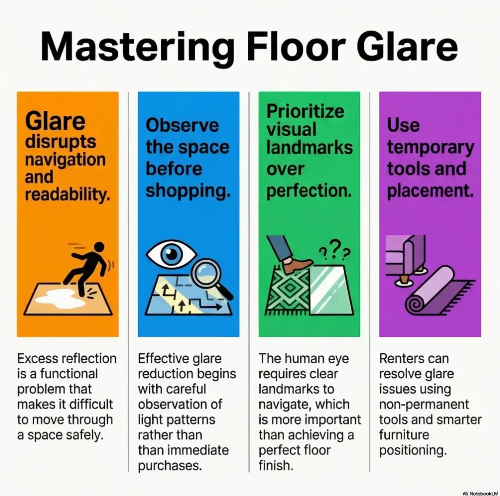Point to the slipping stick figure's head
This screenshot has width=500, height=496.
pos(99,247)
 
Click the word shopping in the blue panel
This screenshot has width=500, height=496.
pos(187,191)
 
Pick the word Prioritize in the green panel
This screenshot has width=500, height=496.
pos(306,111)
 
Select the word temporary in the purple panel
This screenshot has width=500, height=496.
pos(430,147)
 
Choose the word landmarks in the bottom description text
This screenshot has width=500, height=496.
pos(296,389)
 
